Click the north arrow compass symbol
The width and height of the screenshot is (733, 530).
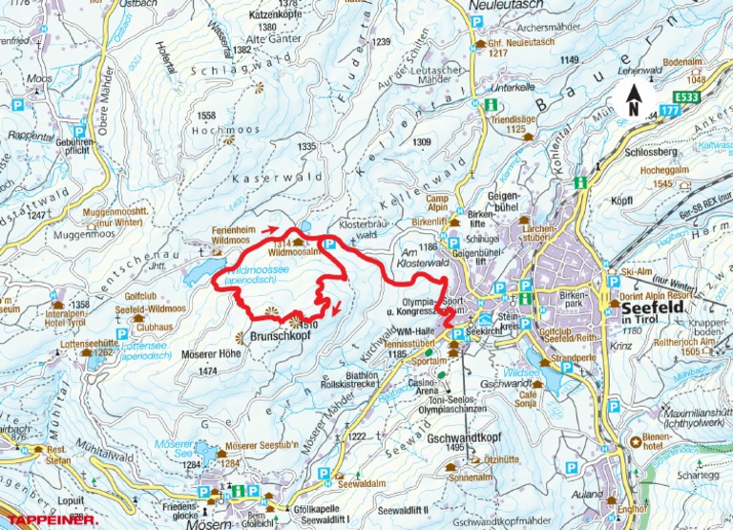(x=630, y=96)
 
